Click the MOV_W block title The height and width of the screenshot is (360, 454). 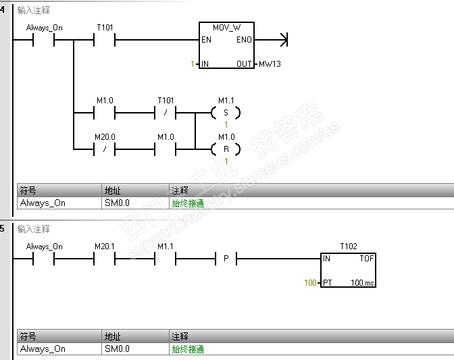pos(226,28)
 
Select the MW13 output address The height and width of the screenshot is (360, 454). pos(270,64)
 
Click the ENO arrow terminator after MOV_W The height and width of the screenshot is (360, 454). pos(284,40)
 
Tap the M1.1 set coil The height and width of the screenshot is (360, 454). pos(226,113)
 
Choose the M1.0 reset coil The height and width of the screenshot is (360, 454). pos(226,149)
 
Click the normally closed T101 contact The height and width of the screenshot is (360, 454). pos(166,113)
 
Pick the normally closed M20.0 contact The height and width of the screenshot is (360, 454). pos(105,149)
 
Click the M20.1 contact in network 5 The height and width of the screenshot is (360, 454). pos(105,259)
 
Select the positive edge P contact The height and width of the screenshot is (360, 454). pos(226,259)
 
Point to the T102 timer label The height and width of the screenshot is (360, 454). pos(349,247)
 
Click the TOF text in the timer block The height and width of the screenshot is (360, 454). pos(367,259)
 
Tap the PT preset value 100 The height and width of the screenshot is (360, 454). pos(310,283)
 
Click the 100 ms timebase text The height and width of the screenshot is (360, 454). pos(362,283)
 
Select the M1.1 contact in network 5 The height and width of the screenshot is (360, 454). pos(166,259)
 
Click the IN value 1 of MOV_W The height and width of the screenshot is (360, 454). pos(193,64)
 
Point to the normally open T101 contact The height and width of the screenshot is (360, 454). pos(105,40)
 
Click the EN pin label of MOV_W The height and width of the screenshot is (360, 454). pos(206,40)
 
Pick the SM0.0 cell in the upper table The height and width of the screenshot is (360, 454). pos(117,203)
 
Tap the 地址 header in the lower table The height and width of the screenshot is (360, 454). pos(112,336)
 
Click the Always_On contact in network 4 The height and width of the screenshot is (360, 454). pos(44,40)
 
